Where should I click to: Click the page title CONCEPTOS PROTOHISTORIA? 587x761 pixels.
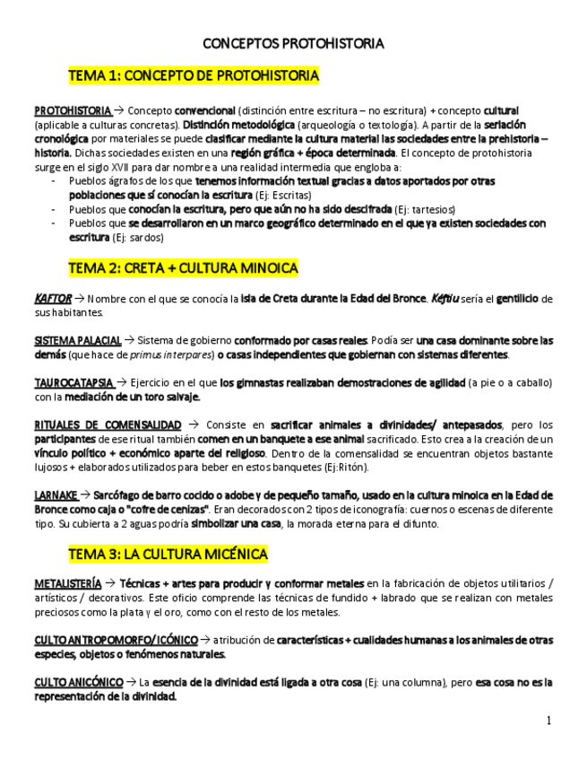click(293, 43)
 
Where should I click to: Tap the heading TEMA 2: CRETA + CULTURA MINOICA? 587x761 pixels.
click(183, 267)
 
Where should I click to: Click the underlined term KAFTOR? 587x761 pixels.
click(52, 299)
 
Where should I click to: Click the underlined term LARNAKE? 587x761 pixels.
click(56, 494)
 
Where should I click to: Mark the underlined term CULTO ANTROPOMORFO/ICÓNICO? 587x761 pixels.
click(116, 640)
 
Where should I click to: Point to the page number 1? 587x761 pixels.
click(548, 721)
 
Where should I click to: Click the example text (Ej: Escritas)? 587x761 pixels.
click(283, 195)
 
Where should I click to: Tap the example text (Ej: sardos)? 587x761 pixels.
click(138, 237)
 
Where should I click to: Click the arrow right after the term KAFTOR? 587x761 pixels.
click(80, 299)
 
